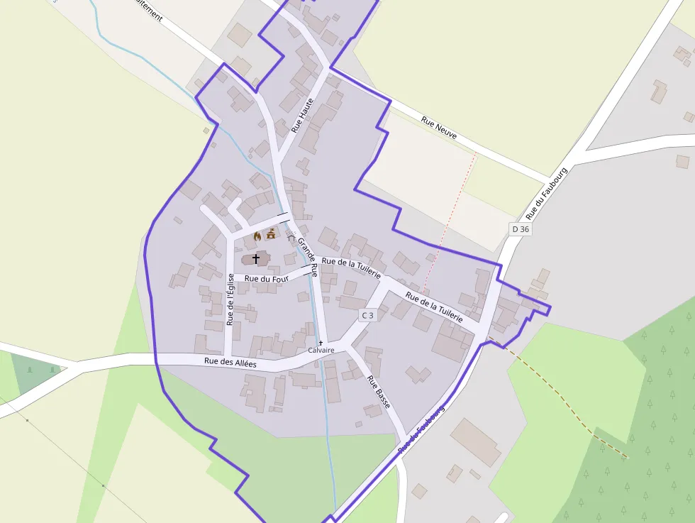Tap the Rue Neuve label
[439, 127]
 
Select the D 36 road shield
[521, 229]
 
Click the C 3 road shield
[367, 315]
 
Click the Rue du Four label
[267, 278]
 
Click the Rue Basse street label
[379, 391]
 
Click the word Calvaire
[321, 351]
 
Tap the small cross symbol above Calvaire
[321, 343]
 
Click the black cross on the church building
[256, 259]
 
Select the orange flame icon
[257, 236]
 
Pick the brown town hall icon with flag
[270, 234]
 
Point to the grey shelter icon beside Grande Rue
[291, 236]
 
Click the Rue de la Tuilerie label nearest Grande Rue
[351, 268]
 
